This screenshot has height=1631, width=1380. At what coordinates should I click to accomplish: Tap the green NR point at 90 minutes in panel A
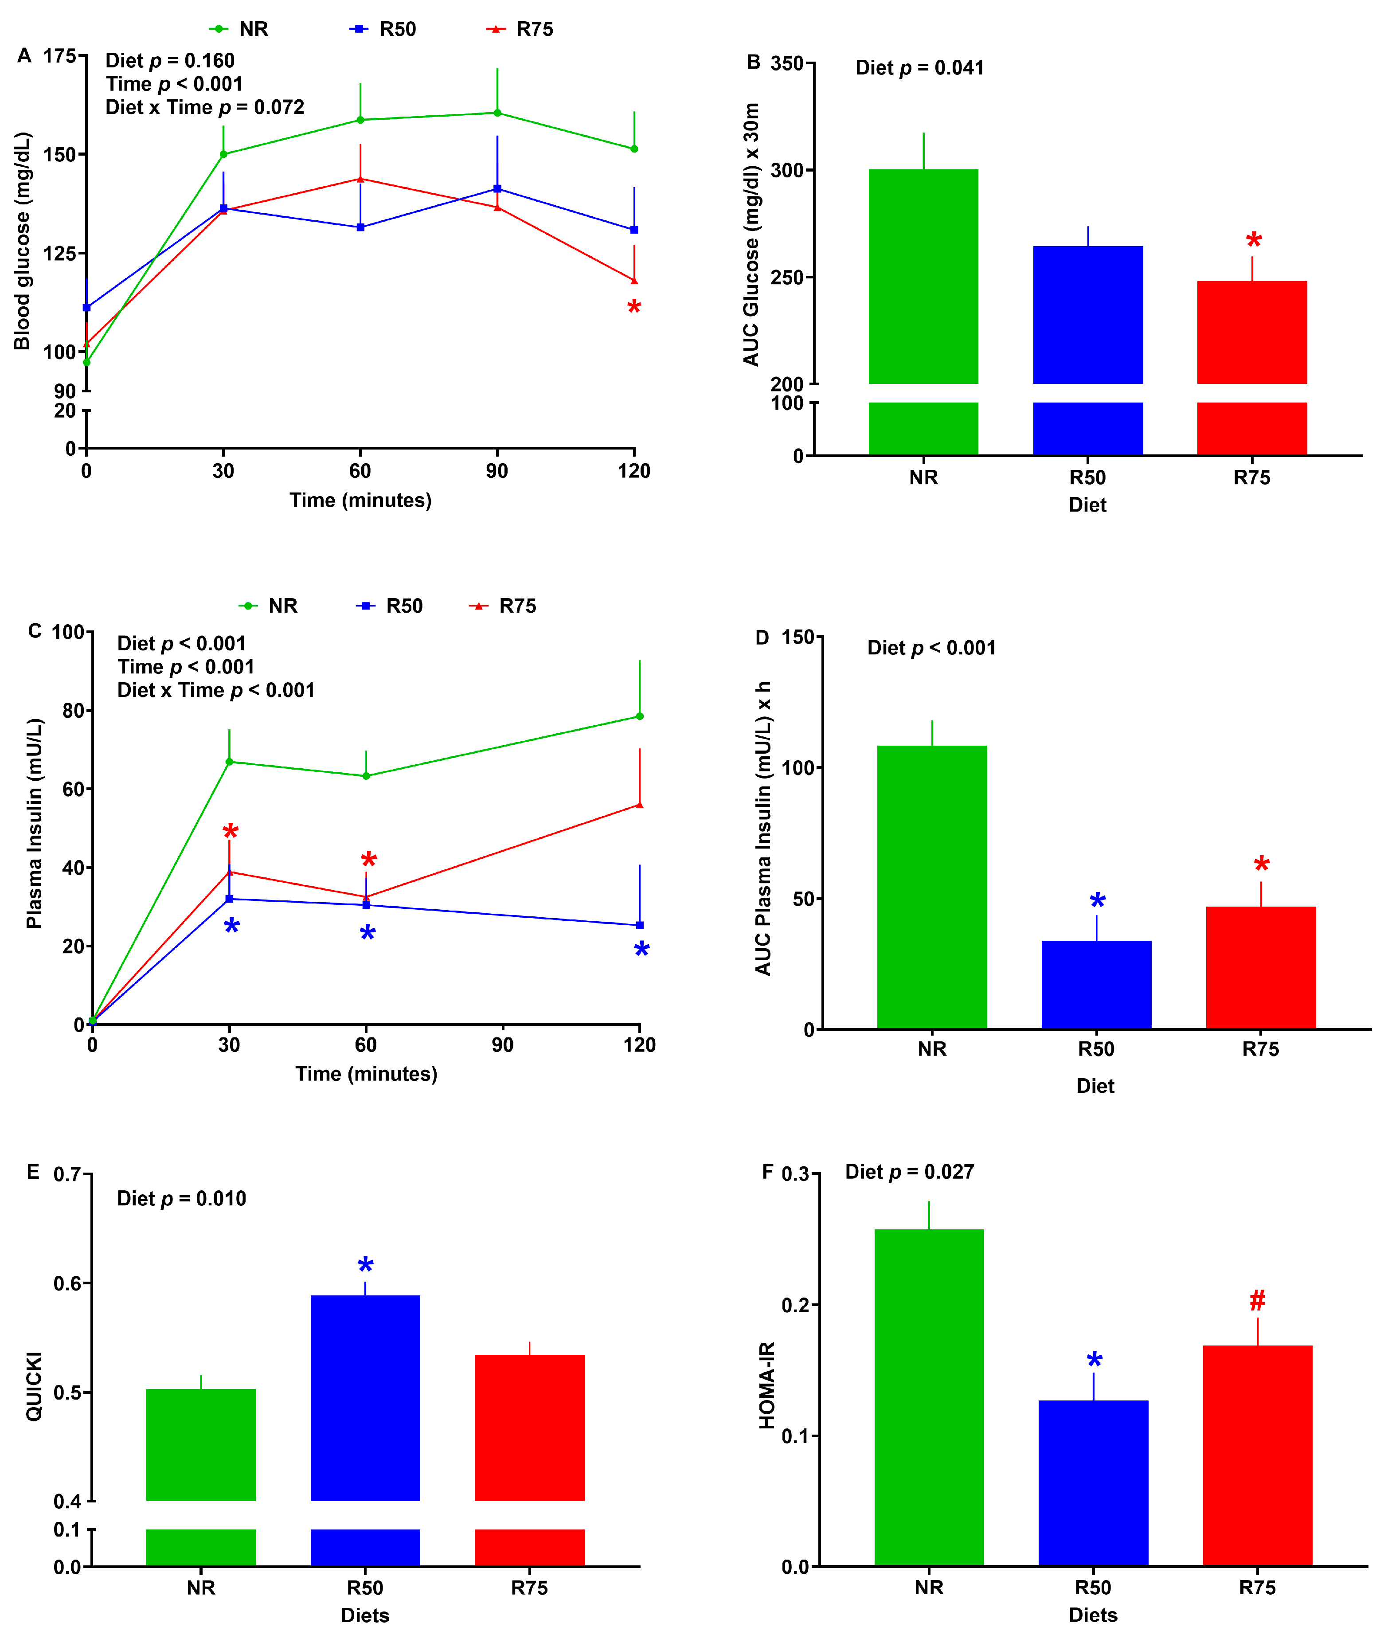pos(497,113)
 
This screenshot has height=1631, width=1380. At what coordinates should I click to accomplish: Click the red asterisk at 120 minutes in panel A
pos(633,307)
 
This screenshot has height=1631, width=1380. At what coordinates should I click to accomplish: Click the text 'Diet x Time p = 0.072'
pos(205,107)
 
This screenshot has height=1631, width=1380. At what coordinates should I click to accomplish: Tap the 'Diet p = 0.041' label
pos(919,68)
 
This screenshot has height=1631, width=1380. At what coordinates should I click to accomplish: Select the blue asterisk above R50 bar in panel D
pos(1097,900)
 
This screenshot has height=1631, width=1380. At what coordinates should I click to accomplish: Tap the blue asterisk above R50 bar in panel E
pos(365,1266)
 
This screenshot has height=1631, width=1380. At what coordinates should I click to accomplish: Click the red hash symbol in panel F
pos(1257,1301)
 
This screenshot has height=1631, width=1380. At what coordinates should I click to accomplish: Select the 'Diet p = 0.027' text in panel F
pos(909,1172)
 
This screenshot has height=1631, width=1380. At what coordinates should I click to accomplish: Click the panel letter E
pos(33,1171)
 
